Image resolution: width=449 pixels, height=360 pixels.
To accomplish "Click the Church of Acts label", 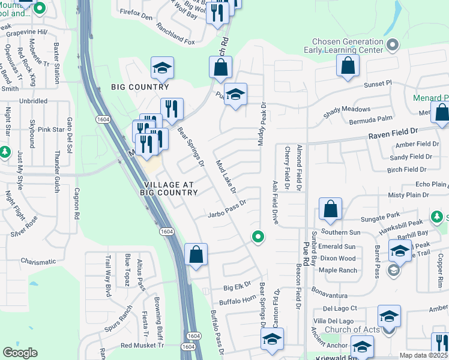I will pos(352,329).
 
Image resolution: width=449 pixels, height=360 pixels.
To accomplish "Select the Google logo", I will pos(20,352).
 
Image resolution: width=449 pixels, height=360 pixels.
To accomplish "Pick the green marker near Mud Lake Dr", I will pos(258,237).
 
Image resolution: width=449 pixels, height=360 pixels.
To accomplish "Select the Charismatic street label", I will pos(38,262).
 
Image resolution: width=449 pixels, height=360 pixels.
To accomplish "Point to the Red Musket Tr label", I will pos(142,346).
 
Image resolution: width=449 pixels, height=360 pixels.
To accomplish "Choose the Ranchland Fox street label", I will pos(176,42).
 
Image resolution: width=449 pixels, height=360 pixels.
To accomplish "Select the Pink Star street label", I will pos(51,129).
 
